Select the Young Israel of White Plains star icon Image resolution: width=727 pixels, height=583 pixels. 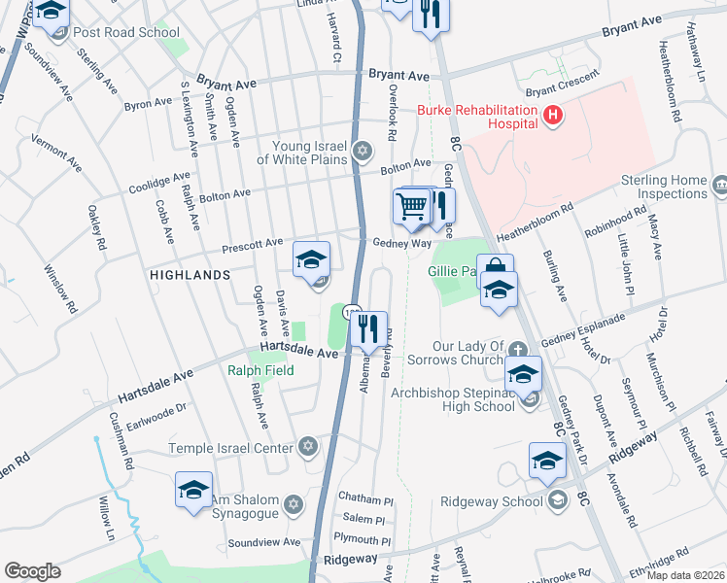[x=363, y=151]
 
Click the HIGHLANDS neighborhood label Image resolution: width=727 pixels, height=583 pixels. [x=190, y=275]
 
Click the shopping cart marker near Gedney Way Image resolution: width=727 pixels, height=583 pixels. [x=411, y=206]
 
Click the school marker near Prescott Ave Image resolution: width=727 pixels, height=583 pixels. [x=312, y=259]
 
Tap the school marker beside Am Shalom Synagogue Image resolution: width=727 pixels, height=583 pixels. [x=193, y=490]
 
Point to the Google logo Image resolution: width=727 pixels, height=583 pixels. [x=32, y=571]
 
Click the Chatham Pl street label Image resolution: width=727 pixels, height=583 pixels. [x=365, y=497]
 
